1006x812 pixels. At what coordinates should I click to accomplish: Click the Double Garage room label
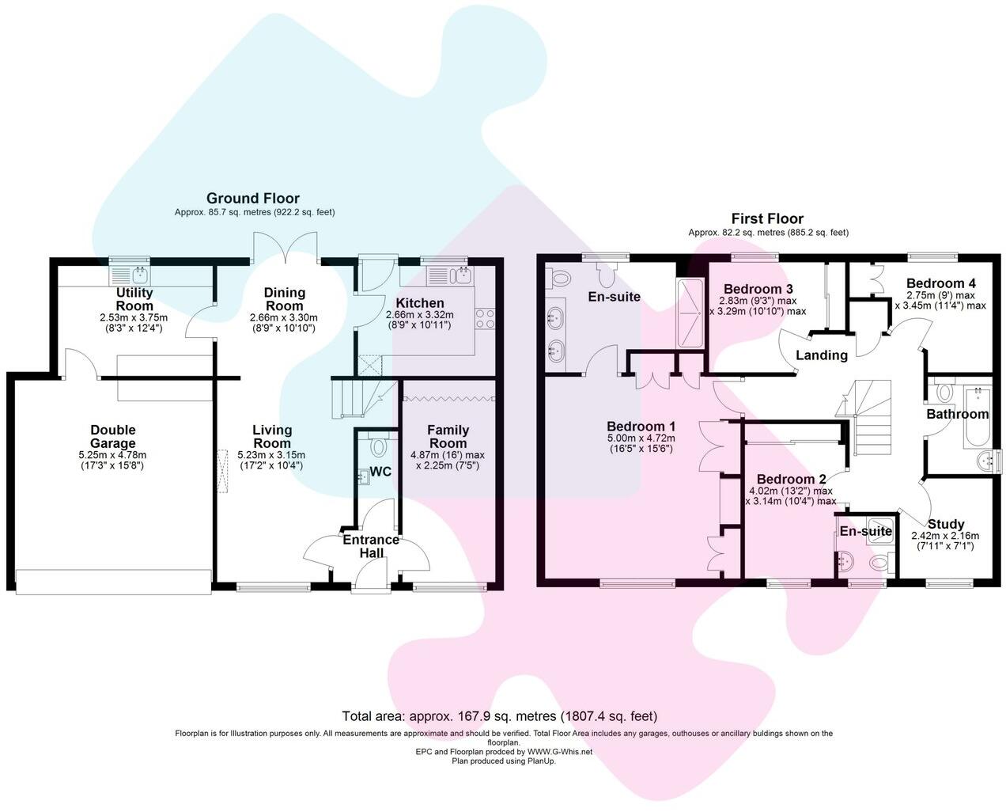(112, 436)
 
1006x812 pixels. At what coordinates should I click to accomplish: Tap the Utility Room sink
(130, 276)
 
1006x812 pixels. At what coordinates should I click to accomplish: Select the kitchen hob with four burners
(485, 318)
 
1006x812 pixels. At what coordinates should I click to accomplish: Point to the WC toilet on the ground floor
(376, 446)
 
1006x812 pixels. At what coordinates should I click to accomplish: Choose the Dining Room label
(284, 299)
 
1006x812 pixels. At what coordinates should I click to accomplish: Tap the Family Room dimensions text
(448, 460)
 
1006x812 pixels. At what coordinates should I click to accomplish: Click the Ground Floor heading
(253, 198)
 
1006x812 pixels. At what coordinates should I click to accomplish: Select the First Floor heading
(767, 218)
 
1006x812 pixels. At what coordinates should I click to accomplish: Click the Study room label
(945, 524)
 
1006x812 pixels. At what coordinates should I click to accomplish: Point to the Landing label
(822, 355)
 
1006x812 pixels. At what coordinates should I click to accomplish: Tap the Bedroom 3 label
(758, 289)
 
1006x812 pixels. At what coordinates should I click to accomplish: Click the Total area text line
(500, 716)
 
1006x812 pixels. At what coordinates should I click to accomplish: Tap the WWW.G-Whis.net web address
(560, 752)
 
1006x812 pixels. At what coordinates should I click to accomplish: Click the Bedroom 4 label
(941, 283)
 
